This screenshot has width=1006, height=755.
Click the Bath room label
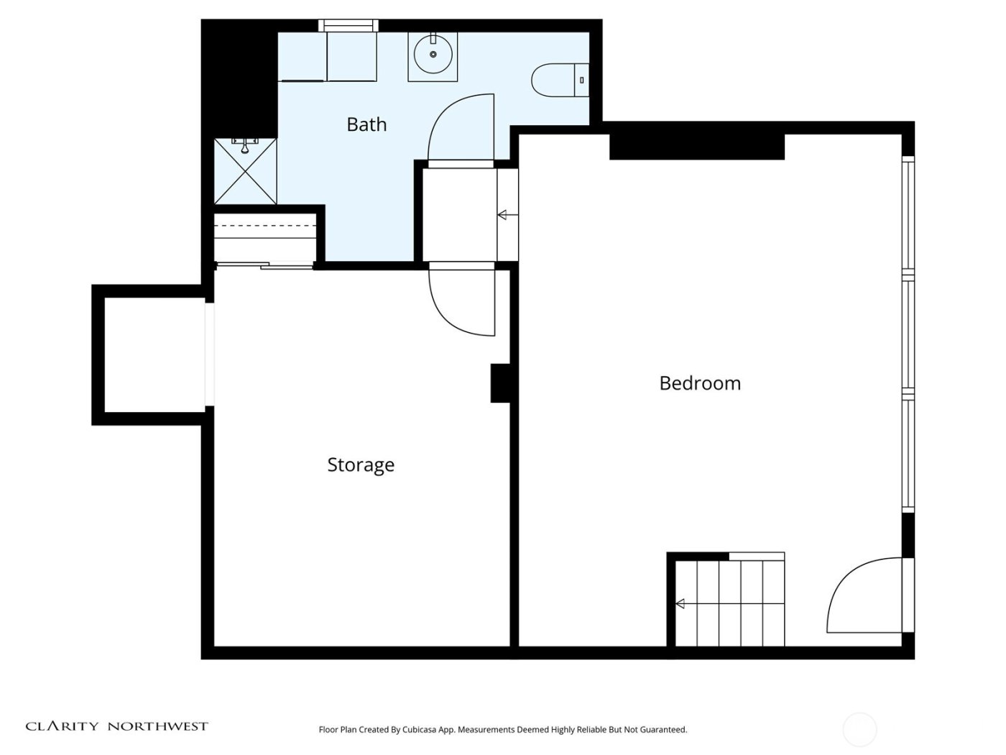pos(366,124)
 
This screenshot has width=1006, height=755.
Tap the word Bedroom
pos(699,383)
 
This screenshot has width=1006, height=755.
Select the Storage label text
pos(361,465)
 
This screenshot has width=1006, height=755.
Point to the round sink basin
pos(433,54)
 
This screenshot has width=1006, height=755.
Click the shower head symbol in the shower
pos(245,146)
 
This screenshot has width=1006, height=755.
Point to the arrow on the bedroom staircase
pos(680,603)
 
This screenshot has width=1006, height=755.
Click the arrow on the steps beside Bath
pos(503,214)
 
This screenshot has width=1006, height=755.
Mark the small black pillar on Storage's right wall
pos(500,383)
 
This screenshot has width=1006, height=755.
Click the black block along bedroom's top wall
pos(696,147)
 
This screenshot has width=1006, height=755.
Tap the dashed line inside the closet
pos(265,226)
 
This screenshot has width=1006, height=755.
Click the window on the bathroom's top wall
pos(349,26)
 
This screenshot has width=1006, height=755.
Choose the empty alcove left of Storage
pos(154,355)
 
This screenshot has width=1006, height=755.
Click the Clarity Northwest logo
pos(116,726)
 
